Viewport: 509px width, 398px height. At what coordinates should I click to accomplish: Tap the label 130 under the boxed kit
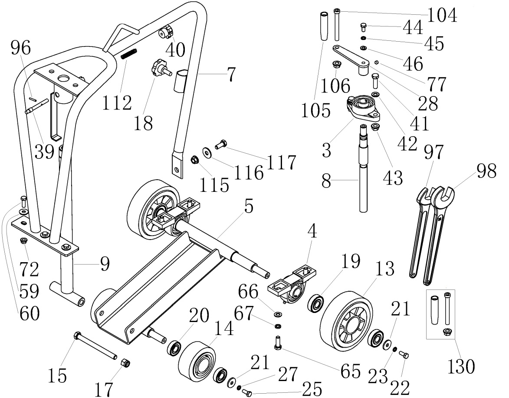pyautogui.click(x=461, y=367)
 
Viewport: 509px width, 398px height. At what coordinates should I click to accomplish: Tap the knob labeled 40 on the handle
pyautogui.click(x=166, y=32)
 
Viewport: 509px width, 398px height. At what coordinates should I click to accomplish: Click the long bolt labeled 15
pyautogui.click(x=96, y=346)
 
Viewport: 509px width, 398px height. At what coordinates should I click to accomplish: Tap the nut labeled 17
pyautogui.click(x=125, y=362)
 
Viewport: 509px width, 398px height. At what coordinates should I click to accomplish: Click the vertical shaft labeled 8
pyautogui.click(x=364, y=174)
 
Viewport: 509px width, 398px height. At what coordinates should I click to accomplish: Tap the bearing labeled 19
pyautogui.click(x=316, y=303)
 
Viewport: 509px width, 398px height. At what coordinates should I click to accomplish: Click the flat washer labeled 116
pyautogui.click(x=207, y=152)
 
